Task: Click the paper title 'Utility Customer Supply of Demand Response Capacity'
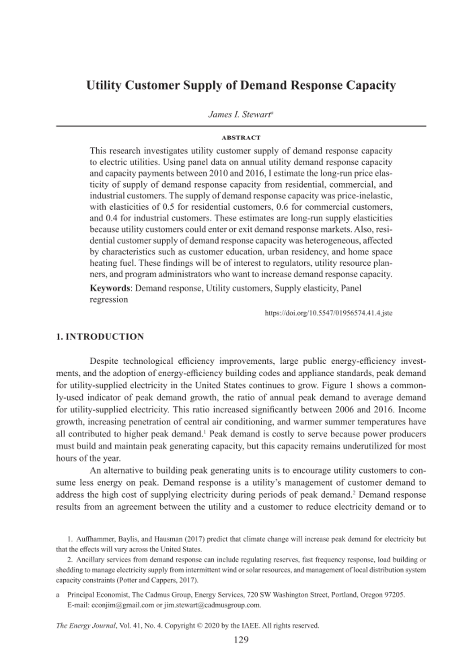point(241,85)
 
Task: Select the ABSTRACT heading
point(241,138)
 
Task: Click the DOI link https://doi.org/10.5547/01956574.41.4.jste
point(328,313)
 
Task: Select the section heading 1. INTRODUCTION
point(100,336)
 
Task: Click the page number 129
point(241,639)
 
